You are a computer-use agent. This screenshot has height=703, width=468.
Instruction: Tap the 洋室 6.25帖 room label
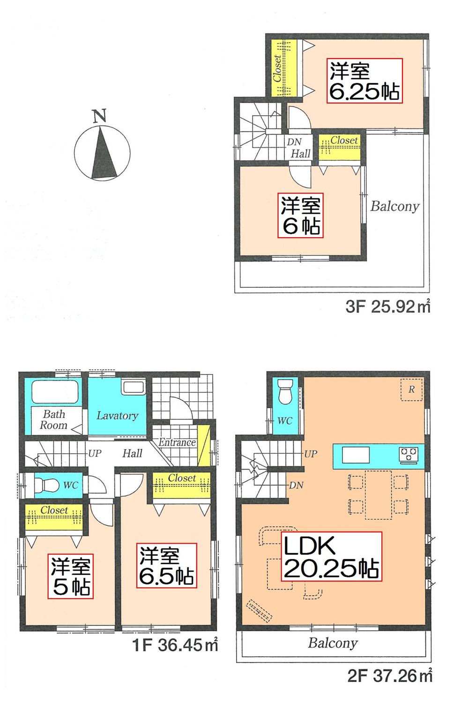pos(364,81)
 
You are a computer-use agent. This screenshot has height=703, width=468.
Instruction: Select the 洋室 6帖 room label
pos(300,216)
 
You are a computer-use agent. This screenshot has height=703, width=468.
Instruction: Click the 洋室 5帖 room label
pos(71,576)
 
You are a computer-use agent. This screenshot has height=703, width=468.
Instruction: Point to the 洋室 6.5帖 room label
pos(167,566)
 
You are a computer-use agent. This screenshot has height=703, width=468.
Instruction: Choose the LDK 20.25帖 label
pos(331,556)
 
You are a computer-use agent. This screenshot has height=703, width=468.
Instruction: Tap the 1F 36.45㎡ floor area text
pos(175,645)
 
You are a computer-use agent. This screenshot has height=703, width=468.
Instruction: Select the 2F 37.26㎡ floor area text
pos(390,676)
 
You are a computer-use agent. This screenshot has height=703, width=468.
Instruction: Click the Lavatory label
pos(117,416)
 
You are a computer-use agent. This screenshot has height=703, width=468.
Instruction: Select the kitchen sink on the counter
pos(356,455)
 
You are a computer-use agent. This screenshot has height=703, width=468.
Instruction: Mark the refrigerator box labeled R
pos(411,389)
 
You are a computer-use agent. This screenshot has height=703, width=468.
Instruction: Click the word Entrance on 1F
pos(177,442)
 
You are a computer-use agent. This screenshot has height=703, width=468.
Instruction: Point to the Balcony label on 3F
pos(394,207)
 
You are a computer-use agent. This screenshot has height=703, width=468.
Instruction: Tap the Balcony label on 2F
pos(333,643)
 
